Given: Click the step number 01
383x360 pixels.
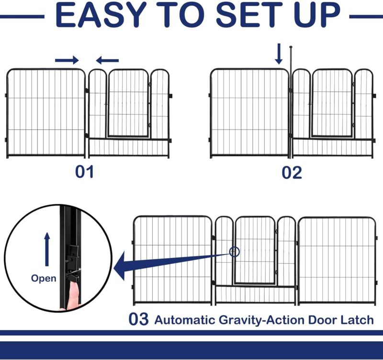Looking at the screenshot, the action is pos(84,172).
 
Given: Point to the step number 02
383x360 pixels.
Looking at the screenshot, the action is pos(292,173).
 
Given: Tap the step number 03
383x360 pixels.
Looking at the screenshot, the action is pos(138,319).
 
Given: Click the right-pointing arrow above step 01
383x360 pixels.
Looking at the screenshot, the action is pos(67,60).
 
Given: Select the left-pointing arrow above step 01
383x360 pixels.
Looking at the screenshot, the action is pos(107,60).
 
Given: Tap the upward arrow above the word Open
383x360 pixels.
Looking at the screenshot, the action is pos(47,249).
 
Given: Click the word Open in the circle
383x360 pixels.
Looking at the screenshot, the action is pos(44,279).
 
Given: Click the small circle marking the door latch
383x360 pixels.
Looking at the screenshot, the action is pos(235,252).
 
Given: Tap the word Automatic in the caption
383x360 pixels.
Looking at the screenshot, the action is pos(185,320).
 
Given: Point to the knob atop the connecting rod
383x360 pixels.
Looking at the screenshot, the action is pos(291,47).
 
